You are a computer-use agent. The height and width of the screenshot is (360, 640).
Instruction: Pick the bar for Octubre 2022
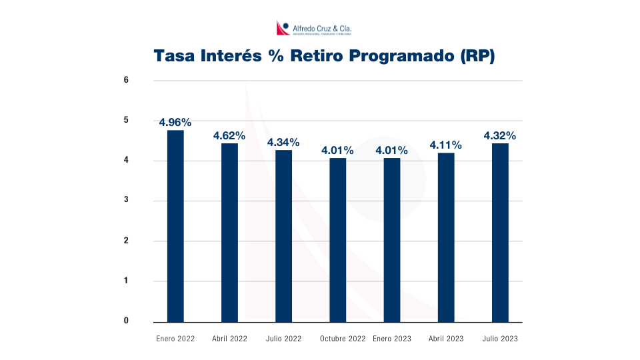(337, 239)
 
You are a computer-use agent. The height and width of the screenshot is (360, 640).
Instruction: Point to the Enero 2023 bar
(391, 239)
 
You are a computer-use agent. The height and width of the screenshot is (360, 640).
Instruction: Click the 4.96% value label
(175, 122)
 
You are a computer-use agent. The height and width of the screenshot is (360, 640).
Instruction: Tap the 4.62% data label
(229, 135)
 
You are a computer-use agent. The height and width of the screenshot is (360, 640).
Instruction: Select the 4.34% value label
(283, 142)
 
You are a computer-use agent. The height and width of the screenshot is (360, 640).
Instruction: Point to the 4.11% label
(446, 145)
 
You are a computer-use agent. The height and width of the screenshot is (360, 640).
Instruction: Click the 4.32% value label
(500, 135)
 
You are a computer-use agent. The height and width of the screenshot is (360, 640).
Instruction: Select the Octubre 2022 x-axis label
(343, 339)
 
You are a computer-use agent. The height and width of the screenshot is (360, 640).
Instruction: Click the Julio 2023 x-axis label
(500, 339)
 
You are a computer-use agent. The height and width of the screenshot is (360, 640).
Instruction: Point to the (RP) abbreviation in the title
(477, 56)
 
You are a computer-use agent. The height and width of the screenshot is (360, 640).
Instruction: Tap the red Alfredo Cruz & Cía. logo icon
(282, 28)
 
